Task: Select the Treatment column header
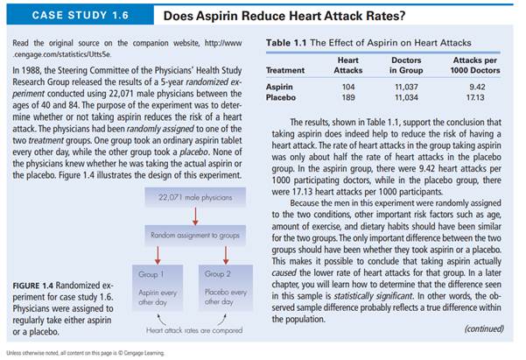pyautogui.click(x=285, y=70)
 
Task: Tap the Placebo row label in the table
pyautogui.click(x=281, y=98)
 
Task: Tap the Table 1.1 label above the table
pyautogui.click(x=288, y=43)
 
